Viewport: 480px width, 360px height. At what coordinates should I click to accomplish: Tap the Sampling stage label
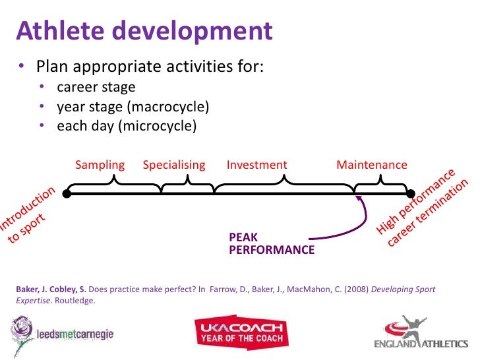100,165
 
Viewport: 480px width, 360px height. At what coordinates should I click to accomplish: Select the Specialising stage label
174,165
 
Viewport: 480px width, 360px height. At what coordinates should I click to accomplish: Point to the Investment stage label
256,165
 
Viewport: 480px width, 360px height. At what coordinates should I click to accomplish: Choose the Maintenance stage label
372,165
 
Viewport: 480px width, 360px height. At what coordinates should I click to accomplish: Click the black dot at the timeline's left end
67,194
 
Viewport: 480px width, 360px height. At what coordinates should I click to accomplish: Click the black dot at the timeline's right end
410,194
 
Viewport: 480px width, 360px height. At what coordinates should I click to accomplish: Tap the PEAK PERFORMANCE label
271,243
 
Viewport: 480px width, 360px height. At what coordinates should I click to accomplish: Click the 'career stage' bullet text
96,87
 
